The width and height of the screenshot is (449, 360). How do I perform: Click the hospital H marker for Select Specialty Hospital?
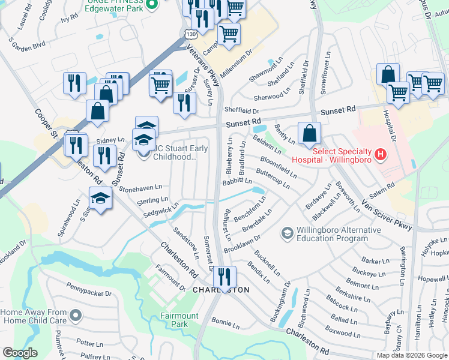[x=379, y=155]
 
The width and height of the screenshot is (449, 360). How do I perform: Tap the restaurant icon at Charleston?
[x=224, y=278]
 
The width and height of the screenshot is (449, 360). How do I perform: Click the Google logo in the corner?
[x=20, y=352]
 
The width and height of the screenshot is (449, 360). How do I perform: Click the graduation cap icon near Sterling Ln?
[x=101, y=199]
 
